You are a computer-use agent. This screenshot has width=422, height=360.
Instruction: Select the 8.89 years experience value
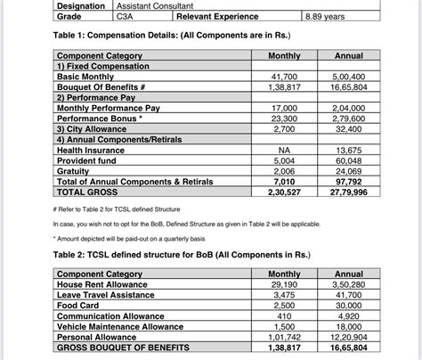pyautogui.click(x=326, y=16)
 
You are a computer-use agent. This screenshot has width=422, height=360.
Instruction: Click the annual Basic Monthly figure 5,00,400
pyautogui.click(x=350, y=78)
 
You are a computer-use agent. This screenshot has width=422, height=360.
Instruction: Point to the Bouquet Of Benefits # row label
pyautogui.click(x=103, y=88)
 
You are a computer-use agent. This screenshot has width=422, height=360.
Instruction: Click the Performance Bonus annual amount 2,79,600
pyautogui.click(x=350, y=119)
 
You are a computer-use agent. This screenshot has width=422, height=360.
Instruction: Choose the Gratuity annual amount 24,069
pyautogui.click(x=350, y=171)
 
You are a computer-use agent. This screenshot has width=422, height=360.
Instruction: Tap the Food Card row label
pyautogui.click(x=79, y=305)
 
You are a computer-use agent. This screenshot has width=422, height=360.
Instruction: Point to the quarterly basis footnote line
pyautogui.click(x=134, y=238)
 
